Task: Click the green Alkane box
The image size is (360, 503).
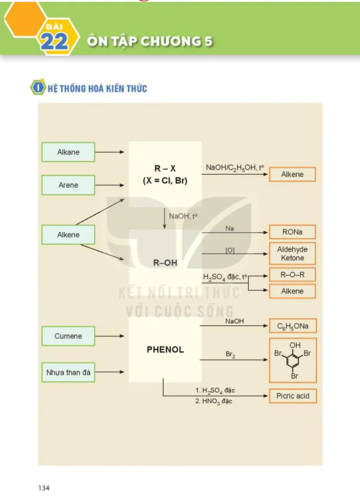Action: (x=68, y=152)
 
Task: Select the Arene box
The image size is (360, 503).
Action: (x=68, y=185)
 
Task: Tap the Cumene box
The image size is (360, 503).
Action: (x=68, y=336)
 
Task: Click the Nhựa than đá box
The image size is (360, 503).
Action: (x=68, y=372)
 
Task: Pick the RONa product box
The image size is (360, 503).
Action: (x=293, y=232)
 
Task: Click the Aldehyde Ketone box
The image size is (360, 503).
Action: (x=293, y=254)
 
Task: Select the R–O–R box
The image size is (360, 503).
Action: (x=293, y=275)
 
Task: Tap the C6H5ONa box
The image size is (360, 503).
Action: (x=293, y=326)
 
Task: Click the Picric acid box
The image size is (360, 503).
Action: (x=293, y=396)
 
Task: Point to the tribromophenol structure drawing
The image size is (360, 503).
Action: (x=293, y=360)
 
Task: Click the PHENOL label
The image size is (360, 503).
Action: (x=165, y=350)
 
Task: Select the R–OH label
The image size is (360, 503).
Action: (x=165, y=263)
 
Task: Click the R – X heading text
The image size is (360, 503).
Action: (x=165, y=169)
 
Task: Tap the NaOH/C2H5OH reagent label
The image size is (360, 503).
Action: (x=235, y=168)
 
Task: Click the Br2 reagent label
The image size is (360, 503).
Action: (x=230, y=354)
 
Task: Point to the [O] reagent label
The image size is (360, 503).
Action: (x=230, y=250)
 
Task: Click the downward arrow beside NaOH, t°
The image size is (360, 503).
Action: (x=165, y=219)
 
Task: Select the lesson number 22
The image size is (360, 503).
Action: (x=54, y=42)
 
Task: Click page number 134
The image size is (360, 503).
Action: (x=44, y=488)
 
